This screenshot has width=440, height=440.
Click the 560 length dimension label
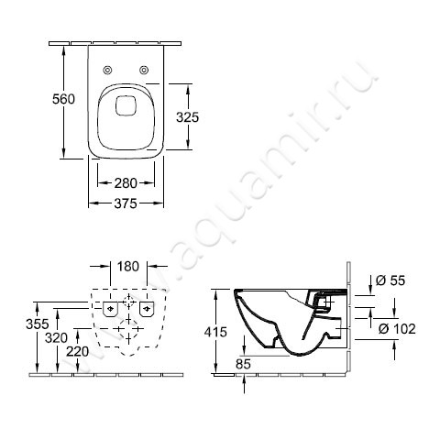click(63, 99)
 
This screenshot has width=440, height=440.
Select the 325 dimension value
click(187, 117)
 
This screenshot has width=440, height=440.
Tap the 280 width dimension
click(126, 183)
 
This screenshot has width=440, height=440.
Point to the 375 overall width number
click(126, 203)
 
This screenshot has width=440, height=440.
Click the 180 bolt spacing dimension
click(128, 267)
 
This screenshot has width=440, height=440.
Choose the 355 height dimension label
click(38, 324)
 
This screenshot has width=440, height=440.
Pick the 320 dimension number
click(56, 338)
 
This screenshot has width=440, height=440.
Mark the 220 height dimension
click(78, 351)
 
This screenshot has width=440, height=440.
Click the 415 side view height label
click(215, 332)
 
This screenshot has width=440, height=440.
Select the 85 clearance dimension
click(243, 364)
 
